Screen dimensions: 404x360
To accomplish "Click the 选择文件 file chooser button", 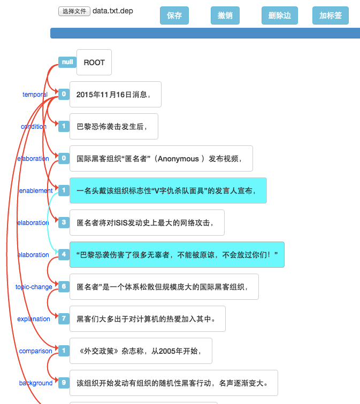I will pyautogui.click(x=74, y=11).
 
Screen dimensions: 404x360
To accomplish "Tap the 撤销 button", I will pyautogui.click(x=225, y=15).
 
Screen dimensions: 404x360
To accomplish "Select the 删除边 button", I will pyautogui.click(x=279, y=15).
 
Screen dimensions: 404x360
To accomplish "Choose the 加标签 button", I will pyautogui.click(x=330, y=15).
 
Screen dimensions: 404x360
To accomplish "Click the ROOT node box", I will pyautogui.click(x=94, y=63).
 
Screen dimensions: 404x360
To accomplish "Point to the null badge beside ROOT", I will pyautogui.click(x=67, y=62).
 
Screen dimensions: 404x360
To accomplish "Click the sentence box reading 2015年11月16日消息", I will pyautogui.click(x=115, y=95).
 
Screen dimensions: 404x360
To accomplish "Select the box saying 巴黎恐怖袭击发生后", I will pyautogui.click(x=113, y=127).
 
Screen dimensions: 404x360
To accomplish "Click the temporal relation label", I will pyautogui.click(x=35, y=95).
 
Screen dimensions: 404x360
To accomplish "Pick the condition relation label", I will pyautogui.click(x=34, y=127).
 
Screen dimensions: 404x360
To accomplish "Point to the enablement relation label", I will pyautogui.click(x=36, y=191).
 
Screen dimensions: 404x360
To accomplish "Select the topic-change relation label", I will pyautogui.click(x=34, y=287).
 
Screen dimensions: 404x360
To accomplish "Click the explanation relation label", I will pyautogui.click(x=34, y=319).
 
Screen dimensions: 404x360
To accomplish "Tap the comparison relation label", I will pyautogui.click(x=36, y=351).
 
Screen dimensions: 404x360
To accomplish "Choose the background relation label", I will pyautogui.click(x=36, y=383).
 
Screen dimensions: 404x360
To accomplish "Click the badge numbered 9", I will pyautogui.click(x=64, y=383).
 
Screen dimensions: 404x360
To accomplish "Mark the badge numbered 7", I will pyautogui.click(x=64, y=318).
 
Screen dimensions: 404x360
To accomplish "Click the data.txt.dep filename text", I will pyautogui.click(x=113, y=11).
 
